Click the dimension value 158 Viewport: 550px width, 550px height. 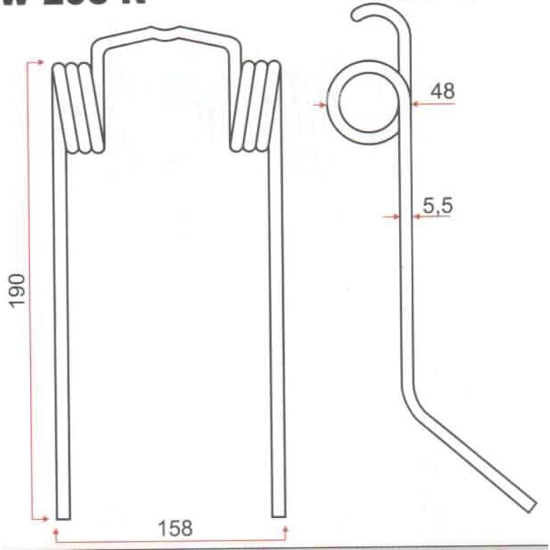click(175, 529)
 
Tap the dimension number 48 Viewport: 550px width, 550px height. click(440, 90)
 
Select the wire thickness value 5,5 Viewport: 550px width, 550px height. click(437, 206)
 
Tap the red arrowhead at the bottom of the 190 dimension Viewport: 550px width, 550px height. click(41, 517)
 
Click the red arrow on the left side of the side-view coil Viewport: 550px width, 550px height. click(323, 104)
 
